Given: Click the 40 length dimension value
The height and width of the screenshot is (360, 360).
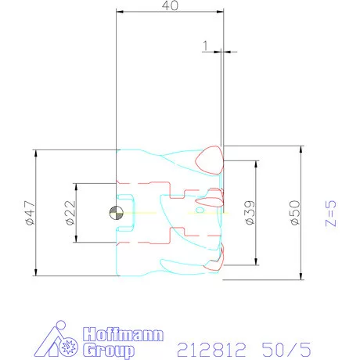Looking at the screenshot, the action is pos(170,5).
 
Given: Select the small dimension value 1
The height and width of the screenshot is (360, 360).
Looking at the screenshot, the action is pos(206,45).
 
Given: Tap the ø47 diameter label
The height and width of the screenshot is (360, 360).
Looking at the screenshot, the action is pos(31,213).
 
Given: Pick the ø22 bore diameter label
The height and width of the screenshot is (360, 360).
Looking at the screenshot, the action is pos(70,213).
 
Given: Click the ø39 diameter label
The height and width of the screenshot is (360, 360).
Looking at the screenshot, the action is pos(250,213).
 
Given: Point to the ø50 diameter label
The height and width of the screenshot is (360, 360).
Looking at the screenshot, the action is pos(295,213).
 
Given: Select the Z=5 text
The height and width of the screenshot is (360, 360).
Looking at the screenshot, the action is pos(331,214).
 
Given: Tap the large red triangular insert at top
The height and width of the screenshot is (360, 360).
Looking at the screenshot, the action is pos(210,160).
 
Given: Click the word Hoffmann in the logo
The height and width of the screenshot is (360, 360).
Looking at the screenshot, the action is pos(124,334).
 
